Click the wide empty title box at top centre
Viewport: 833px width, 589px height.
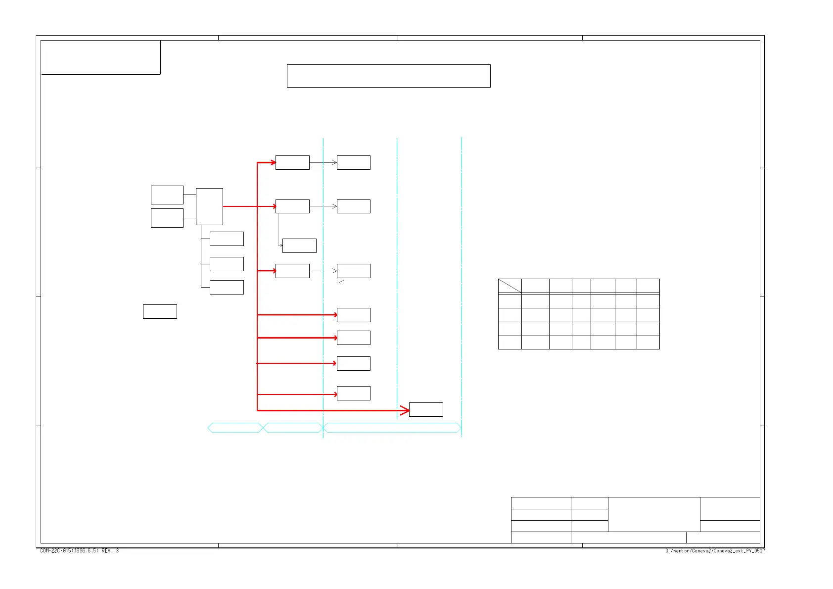[x=388, y=76]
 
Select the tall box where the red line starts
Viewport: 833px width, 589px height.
[x=209, y=206]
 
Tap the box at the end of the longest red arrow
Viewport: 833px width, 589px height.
[x=426, y=409]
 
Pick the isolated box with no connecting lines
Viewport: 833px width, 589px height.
[x=160, y=311]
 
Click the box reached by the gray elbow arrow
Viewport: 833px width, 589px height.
[x=299, y=245]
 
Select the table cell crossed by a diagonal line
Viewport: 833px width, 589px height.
[x=509, y=286]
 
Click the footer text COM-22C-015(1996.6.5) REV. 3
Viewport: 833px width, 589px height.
[x=79, y=551]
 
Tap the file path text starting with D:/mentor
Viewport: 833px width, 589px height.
[x=714, y=551]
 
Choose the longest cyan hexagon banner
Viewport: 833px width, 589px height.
[x=392, y=428]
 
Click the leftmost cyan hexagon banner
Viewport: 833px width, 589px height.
[x=234, y=428]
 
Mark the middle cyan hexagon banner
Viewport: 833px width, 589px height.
[x=293, y=428]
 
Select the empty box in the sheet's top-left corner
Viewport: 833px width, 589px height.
[x=100, y=57]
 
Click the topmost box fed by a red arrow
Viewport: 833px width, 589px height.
[x=292, y=162]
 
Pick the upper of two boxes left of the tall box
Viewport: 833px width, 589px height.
[x=167, y=195]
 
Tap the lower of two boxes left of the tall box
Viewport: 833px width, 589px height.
[x=167, y=218]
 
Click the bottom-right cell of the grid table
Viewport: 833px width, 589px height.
[x=648, y=343]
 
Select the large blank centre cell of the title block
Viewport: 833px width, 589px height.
[x=653, y=514]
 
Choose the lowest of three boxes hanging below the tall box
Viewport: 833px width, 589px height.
[x=227, y=287]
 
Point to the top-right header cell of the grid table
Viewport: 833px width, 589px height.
[x=648, y=286]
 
